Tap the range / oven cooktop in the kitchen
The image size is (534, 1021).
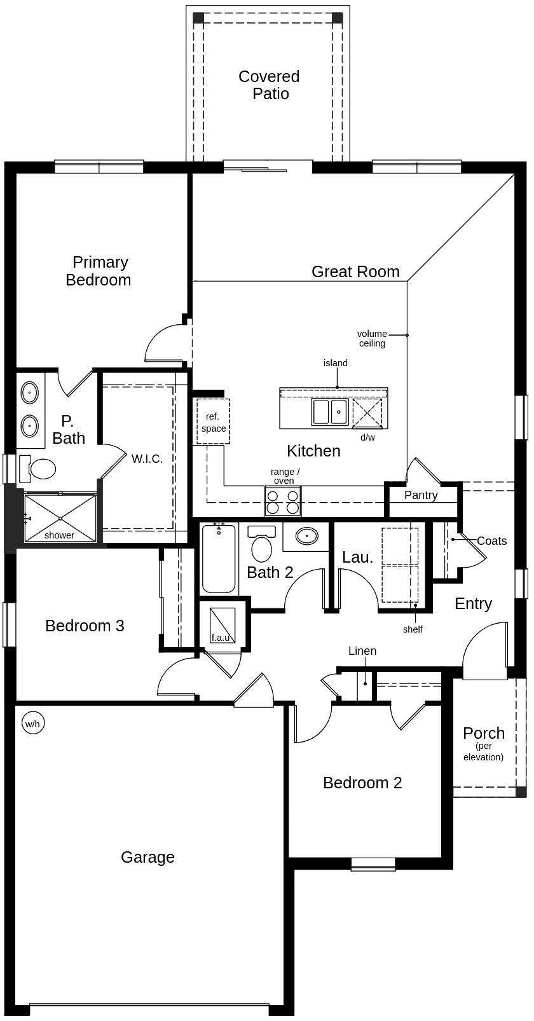pos(282,502)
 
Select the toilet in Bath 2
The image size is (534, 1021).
pos(261,544)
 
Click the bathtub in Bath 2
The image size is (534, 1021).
pos(219,558)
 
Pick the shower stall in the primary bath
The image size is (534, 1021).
pos(60,517)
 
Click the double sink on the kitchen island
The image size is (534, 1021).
pos(330,411)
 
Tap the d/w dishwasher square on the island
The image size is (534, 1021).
pos(367,413)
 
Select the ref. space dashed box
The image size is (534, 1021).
pos(213,421)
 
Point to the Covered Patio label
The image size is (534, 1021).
pos(270,85)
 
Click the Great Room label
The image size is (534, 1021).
pos(355,271)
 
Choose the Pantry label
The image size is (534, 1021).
pos(421,495)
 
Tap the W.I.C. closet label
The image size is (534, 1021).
pos(147,459)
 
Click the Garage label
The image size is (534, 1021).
pos(147,858)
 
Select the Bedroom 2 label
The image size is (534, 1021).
pos(362,783)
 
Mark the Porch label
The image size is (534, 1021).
pos(484,733)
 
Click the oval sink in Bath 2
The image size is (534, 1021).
pos(307,537)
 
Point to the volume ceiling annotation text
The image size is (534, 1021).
pos(372,339)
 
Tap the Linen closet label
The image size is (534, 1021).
pos(362,651)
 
